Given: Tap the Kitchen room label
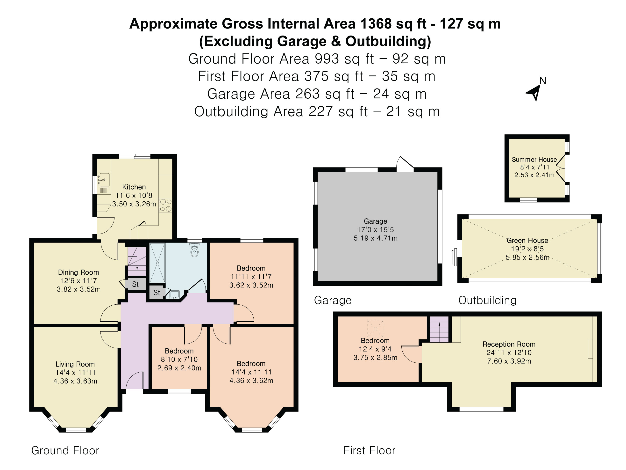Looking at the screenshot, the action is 134,187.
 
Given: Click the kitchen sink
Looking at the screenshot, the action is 104,180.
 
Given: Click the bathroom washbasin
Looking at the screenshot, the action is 175,295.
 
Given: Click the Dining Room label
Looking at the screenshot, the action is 78,272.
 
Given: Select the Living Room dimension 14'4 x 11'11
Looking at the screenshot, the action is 75,373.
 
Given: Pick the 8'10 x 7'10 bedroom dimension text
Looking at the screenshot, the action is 179,359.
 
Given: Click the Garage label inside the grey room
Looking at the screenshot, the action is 375,221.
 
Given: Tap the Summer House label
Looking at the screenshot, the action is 534,160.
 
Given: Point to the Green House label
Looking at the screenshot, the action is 527,240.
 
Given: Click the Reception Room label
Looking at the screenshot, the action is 509,344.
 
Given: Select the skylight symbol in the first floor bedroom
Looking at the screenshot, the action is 375,328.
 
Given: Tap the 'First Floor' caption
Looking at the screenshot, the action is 369,450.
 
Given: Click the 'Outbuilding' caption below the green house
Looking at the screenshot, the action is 487,300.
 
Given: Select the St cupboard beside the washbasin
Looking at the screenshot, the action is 157,293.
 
